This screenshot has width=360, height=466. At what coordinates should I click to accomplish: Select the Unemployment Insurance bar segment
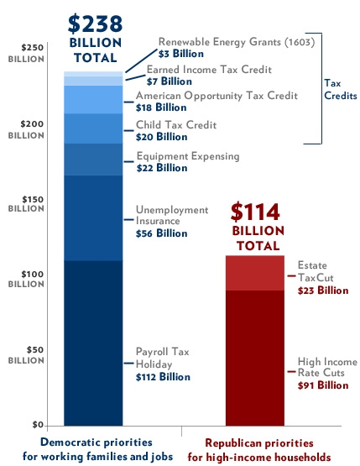coord(93,218)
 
